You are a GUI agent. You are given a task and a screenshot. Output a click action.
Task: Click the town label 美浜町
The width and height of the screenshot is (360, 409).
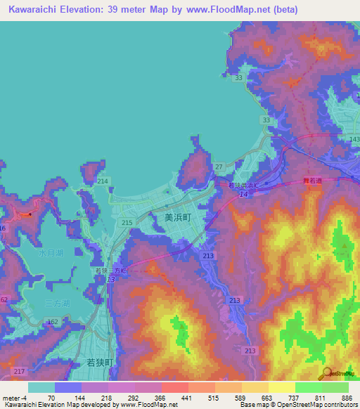coord(178,218)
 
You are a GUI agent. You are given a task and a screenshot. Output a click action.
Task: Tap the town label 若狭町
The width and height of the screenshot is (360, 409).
coord(99,362)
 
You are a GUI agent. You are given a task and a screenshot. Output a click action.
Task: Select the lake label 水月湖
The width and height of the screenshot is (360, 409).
coord(51,253)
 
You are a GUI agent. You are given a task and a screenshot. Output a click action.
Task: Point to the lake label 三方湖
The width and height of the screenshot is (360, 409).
coord(56,304)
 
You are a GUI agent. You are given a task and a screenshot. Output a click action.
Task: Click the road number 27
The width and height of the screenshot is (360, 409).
coord(219,167)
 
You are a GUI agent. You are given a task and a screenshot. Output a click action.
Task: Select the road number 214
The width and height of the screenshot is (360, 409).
coord(103,181)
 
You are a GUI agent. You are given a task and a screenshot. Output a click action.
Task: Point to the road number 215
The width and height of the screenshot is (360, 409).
coord(127,223)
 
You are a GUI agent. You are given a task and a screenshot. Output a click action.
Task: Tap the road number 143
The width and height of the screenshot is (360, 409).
coord(354,139)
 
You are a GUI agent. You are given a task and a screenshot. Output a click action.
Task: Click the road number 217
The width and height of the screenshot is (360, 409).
coord(19,371)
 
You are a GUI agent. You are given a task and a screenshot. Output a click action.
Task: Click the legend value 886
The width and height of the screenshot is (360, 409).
coord(345,398)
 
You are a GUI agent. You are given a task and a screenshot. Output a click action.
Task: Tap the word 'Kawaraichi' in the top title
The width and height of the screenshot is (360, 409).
coord(39,10)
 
